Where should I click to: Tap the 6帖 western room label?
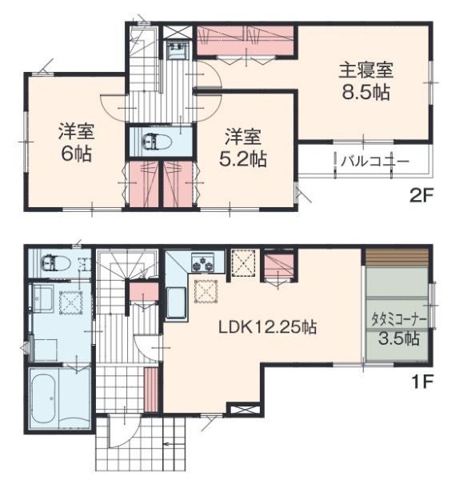click(x=73, y=142)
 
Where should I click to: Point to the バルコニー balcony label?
click(x=375, y=161)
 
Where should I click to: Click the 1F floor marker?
click(x=422, y=382)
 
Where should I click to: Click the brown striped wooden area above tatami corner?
click(x=397, y=258)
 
